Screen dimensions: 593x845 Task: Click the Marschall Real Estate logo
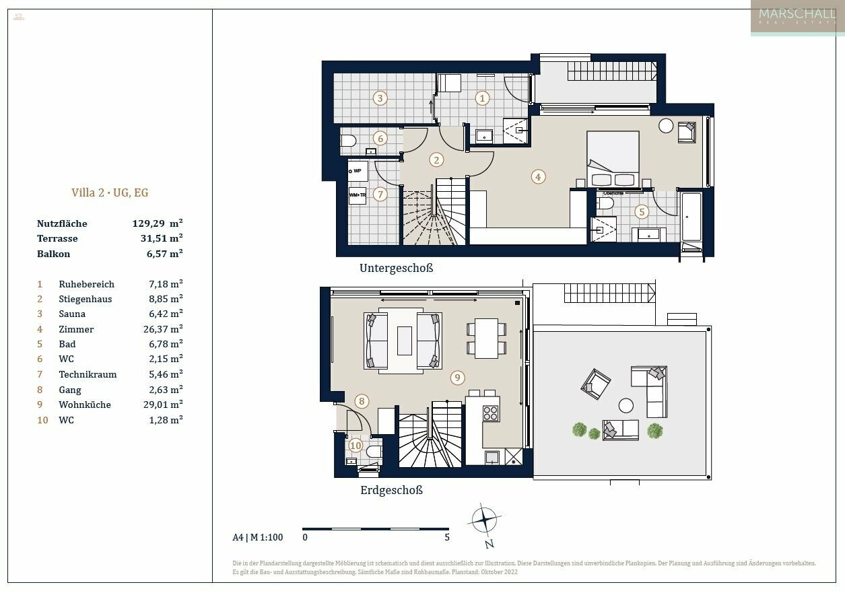(x=797, y=18)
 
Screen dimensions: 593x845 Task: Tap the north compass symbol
(x=483, y=520)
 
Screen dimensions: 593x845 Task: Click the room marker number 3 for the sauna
(x=380, y=98)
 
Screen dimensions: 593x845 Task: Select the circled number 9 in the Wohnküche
(x=457, y=378)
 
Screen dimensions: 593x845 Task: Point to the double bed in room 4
(x=613, y=160)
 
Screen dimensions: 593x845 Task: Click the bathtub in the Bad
(x=691, y=217)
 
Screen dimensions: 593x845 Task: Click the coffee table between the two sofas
(x=404, y=340)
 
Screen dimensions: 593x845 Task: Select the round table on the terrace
(x=626, y=405)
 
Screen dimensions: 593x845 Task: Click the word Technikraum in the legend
(x=88, y=374)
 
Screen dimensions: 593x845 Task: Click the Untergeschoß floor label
(x=396, y=268)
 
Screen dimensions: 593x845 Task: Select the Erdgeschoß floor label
(x=391, y=490)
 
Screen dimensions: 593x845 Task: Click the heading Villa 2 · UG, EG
(x=110, y=193)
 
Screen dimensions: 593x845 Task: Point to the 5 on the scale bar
(x=447, y=538)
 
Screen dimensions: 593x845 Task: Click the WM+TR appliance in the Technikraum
(x=358, y=195)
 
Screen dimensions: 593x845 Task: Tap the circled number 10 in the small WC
(x=356, y=445)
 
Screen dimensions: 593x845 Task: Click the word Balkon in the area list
(x=53, y=254)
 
